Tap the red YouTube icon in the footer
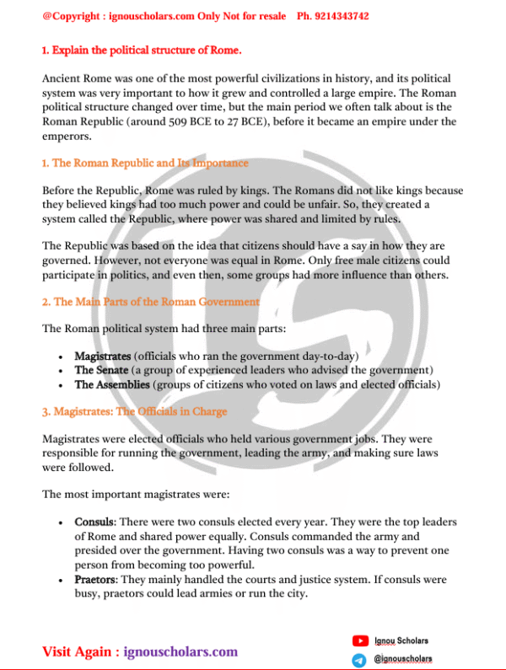tap(360, 642)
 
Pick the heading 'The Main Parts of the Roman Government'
tap(151, 301)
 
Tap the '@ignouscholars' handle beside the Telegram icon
tap(403, 659)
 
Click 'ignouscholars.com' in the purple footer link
tap(180, 651)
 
